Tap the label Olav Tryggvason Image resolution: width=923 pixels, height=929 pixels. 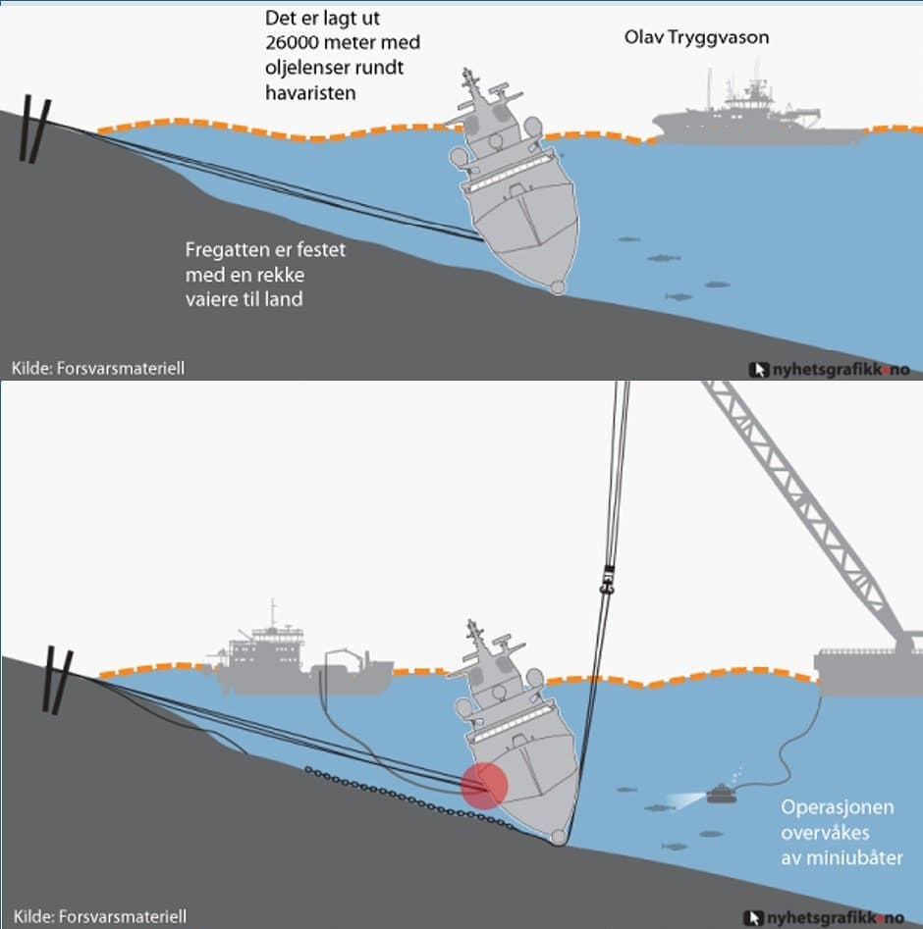(696, 37)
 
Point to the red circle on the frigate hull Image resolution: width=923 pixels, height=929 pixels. (484, 786)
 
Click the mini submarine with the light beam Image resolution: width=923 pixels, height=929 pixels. (722, 794)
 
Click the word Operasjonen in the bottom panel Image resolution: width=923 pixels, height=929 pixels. (837, 808)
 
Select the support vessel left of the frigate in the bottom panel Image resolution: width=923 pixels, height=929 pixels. (302, 663)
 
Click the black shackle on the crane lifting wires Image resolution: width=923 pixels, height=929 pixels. (606, 580)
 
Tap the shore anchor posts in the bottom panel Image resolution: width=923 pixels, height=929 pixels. (58, 680)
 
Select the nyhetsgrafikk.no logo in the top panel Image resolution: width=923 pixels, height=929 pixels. (830, 370)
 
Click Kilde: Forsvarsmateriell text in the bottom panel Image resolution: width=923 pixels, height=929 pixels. (99, 916)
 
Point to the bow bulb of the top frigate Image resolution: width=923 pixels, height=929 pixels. (558, 288)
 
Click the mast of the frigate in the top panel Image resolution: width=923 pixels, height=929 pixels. (470, 84)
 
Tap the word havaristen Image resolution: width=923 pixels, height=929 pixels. (310, 93)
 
